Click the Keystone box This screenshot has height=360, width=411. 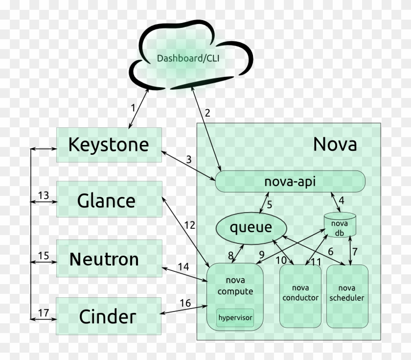pyautogui.click(x=109, y=145)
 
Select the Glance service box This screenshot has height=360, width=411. pyautogui.click(x=106, y=201)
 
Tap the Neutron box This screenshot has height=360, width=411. pyautogui.click(x=104, y=259)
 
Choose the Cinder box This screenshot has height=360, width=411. pyautogui.click(x=107, y=316)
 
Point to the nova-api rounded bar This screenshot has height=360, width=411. pyautogui.click(x=290, y=182)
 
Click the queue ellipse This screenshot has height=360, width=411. pyautogui.click(x=251, y=227)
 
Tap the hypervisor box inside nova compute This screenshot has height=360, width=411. pyautogui.click(x=235, y=318)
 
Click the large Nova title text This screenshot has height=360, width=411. pyautogui.click(x=335, y=144)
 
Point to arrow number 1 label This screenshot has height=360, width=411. pyautogui.click(x=132, y=107)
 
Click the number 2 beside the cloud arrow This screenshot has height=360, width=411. pyautogui.click(x=207, y=113)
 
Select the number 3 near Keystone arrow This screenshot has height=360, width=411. pyautogui.click(x=188, y=159)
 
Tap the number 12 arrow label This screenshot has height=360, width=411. pyautogui.click(x=190, y=225)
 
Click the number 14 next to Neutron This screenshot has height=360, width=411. pyautogui.click(x=183, y=267)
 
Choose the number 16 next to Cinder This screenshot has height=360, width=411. pyautogui.click(x=185, y=303)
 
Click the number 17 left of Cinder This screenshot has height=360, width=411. pyautogui.click(x=44, y=312)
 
